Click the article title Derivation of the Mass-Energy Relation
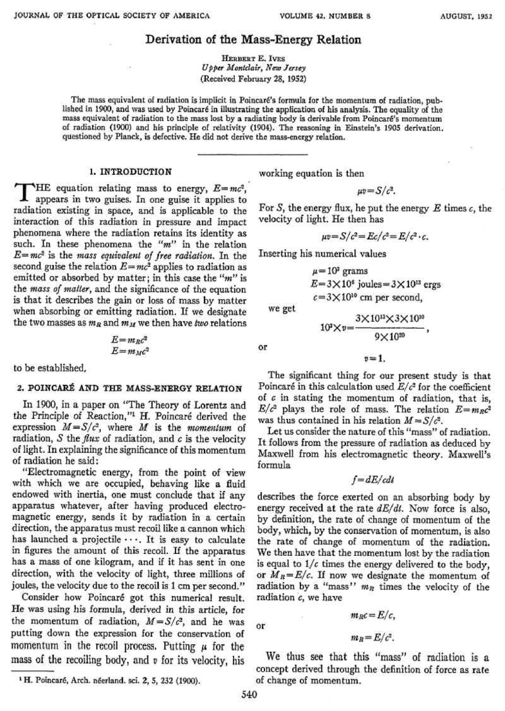click(x=253, y=40)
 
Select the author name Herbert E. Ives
click(x=253, y=57)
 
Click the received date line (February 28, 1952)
click(x=253, y=79)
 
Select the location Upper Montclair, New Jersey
click(x=253, y=68)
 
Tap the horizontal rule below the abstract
click(x=252, y=153)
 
